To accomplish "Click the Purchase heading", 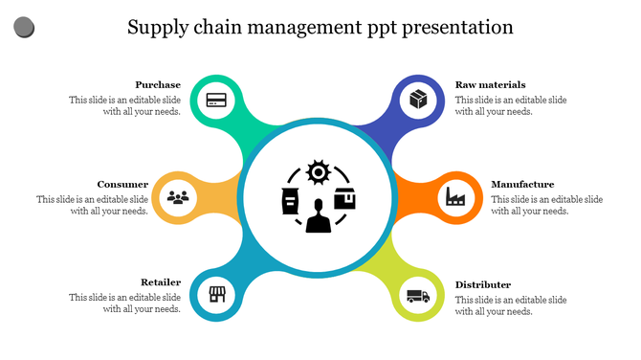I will (158, 84).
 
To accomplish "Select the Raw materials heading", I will (490, 84).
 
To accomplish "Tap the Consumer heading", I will (122, 184).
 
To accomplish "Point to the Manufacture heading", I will (522, 184).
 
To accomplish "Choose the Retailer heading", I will (161, 282).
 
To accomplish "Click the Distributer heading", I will (483, 284).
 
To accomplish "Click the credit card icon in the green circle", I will (216, 99).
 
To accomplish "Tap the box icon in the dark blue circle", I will (418, 99).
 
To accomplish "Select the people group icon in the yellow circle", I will (179, 197).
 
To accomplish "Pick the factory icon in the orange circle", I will (454, 198).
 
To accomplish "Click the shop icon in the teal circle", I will (216, 295).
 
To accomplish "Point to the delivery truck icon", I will (418, 296).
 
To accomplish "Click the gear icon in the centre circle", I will (318, 172).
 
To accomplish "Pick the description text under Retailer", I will (124, 304).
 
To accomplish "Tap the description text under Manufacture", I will (546, 205).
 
